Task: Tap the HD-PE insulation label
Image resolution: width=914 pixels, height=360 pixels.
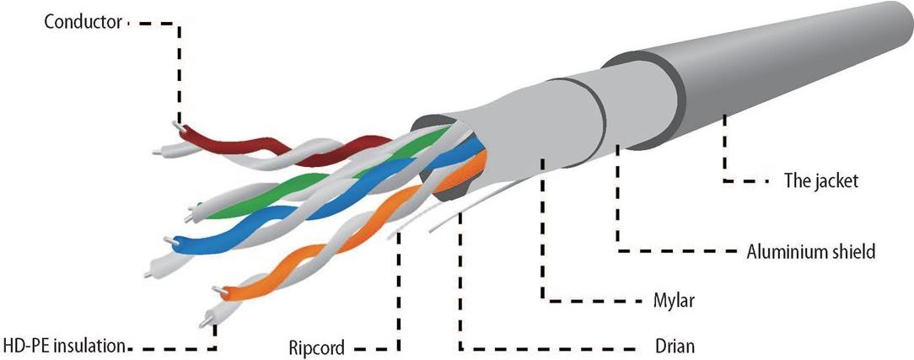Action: pyautogui.click(x=65, y=345)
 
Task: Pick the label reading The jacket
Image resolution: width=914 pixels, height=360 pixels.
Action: pyautogui.click(x=820, y=181)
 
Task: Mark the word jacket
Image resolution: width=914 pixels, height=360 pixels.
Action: pyautogui.click(x=835, y=181)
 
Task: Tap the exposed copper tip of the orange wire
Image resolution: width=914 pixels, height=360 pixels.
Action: pyautogui.click(x=218, y=291)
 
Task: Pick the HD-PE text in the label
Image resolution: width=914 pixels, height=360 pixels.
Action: pyautogui.click(x=24, y=345)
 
